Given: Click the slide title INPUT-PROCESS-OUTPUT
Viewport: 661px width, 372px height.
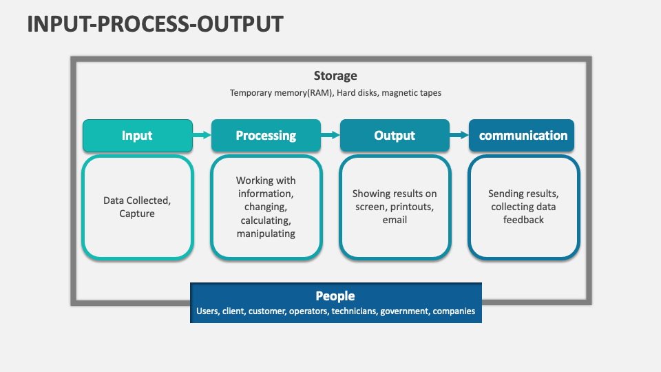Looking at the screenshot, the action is coord(155,24).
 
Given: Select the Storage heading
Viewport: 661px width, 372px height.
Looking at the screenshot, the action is coord(335,76).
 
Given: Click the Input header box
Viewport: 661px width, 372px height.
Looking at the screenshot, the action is coord(138,136).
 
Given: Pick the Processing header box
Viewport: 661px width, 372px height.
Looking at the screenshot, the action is coord(266,136).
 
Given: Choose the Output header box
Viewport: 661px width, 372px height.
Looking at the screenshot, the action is coord(395,136).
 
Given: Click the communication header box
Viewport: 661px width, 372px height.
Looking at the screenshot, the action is coord(521,136).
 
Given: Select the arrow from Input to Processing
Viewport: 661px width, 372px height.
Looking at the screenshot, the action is coord(202,135).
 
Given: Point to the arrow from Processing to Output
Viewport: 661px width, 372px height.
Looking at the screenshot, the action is coord(330,135).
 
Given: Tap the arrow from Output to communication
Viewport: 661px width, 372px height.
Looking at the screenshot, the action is coord(459,135).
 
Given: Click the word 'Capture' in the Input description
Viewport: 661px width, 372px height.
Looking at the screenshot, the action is coord(137,214).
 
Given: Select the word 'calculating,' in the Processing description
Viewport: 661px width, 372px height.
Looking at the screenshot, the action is coord(266,220).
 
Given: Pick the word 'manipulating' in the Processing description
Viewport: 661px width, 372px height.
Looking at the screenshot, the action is coord(266,234).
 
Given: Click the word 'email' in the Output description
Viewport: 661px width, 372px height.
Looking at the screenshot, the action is coord(395,220).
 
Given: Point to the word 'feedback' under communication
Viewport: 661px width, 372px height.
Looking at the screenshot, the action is coord(523,220).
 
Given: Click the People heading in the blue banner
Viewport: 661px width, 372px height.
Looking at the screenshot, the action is coord(335,296).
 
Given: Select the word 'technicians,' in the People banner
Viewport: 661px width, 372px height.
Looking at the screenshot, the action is coord(355,311).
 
